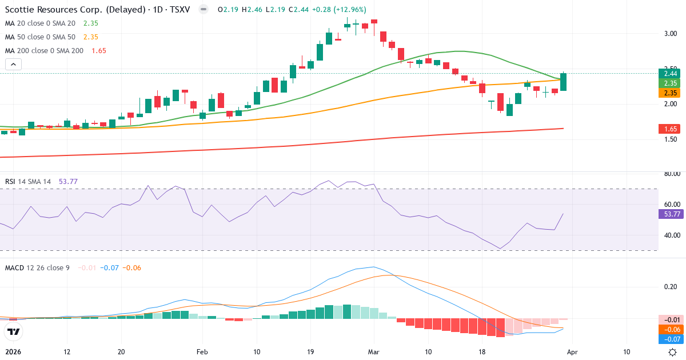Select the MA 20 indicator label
click(x=40, y=23)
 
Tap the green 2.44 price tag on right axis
click(x=671, y=73)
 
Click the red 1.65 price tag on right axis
click(x=671, y=129)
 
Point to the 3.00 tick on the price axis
click(x=671, y=34)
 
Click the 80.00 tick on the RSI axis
click(x=671, y=174)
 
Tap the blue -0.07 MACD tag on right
click(x=671, y=339)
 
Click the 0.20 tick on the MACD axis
click(x=671, y=287)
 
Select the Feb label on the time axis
click(x=201, y=352)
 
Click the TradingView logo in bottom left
click(x=14, y=331)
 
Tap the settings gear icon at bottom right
click(x=673, y=352)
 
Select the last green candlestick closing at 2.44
click(x=564, y=82)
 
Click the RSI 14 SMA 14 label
click(x=28, y=182)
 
